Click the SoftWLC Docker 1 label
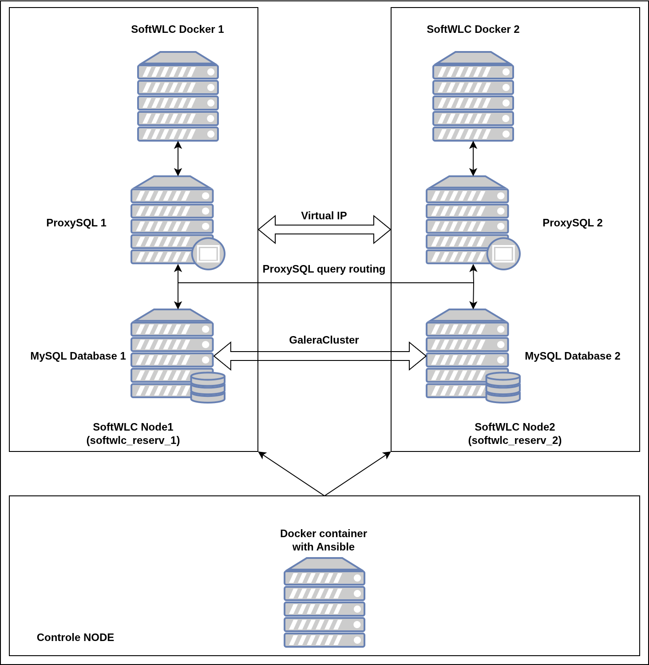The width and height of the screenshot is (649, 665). click(x=178, y=29)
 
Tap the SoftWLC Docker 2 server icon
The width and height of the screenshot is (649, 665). click(x=473, y=97)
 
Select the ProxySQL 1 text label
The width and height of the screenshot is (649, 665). click(x=76, y=223)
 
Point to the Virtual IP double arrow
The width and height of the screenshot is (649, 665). click(x=324, y=230)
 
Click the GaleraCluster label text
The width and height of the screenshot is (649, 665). click(x=324, y=340)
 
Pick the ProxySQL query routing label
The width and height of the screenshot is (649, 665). click(x=324, y=269)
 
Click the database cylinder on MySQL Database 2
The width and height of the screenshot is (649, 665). click(x=503, y=388)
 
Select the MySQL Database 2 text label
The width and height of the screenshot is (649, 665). click(x=573, y=356)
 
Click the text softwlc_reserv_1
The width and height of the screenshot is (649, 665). click(x=133, y=440)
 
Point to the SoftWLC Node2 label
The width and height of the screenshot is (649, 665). click(x=515, y=427)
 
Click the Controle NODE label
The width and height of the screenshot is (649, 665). click(x=75, y=637)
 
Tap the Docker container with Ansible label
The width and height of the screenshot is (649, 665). click(x=324, y=540)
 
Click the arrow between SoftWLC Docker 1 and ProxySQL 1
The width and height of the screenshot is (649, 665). click(x=178, y=158)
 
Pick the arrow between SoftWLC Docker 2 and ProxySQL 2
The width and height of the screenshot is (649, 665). click(x=473, y=158)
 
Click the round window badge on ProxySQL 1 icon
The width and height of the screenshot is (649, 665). click(x=208, y=254)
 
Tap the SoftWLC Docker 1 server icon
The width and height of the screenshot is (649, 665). click(x=178, y=97)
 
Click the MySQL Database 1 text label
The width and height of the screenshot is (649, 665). click(x=78, y=356)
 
